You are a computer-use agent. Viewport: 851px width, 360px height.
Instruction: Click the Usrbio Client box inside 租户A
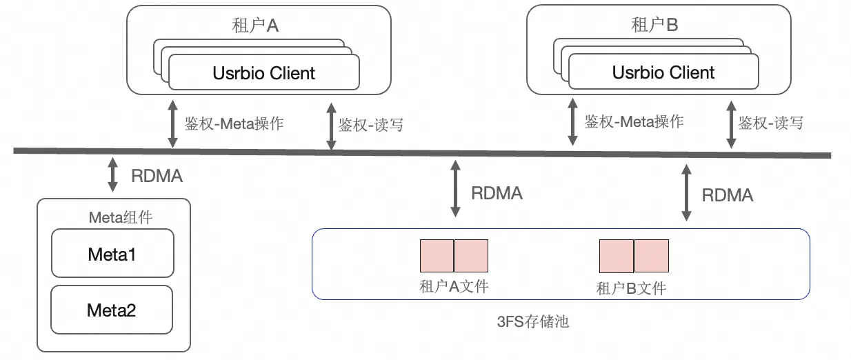coord(264,72)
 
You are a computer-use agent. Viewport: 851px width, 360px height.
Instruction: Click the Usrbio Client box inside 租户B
coord(663,72)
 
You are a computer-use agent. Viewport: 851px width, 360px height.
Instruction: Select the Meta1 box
coord(112,254)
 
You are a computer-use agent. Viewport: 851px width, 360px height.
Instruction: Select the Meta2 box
coord(112,310)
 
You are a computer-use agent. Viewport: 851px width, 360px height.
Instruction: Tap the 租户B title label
coord(654,26)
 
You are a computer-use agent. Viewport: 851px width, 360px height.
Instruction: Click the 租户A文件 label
coord(454,286)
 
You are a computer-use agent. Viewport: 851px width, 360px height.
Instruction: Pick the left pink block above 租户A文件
coord(437,255)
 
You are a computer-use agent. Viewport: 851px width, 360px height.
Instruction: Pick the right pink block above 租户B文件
coord(652,255)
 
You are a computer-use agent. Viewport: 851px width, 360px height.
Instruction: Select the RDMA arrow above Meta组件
coord(112,175)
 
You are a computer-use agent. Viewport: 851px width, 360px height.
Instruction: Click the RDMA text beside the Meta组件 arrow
coord(157,176)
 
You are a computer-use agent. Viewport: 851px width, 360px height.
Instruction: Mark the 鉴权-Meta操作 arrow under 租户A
coord(172,125)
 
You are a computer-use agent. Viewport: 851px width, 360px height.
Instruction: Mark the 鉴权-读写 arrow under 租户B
coord(731,125)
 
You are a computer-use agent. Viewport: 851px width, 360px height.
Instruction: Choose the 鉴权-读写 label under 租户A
coord(370,126)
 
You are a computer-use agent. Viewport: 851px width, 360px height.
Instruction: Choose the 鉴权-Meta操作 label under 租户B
coord(634,122)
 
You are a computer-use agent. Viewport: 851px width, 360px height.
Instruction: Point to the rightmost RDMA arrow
coord(685,192)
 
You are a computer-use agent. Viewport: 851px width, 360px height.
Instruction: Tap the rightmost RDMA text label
coord(727,195)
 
